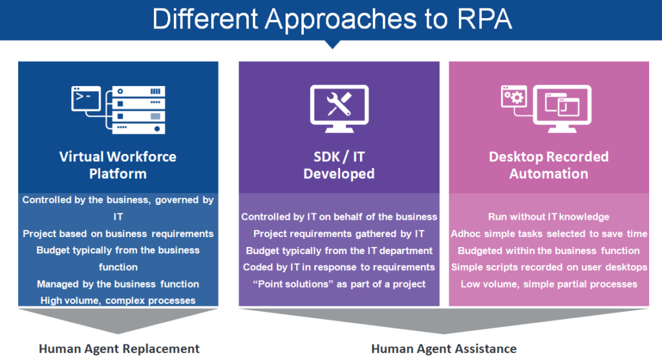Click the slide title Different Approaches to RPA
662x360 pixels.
pyautogui.click(x=332, y=19)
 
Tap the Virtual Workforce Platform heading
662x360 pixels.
pyautogui.click(x=118, y=165)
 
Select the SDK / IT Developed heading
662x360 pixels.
pyautogui.click(x=339, y=165)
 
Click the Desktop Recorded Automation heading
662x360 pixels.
pyautogui.click(x=548, y=165)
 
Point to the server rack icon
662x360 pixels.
pyautogui.click(x=138, y=110)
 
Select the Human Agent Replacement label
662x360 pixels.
pyautogui.click(x=118, y=348)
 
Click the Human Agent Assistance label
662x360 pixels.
pyautogui.click(x=443, y=348)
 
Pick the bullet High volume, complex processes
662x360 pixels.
pyautogui.click(x=118, y=300)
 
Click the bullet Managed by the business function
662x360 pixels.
pyautogui.click(x=118, y=284)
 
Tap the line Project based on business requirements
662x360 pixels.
pyautogui.click(x=118, y=233)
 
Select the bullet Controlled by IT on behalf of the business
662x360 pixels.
pyautogui.click(x=339, y=217)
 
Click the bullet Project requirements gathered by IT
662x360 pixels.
pyautogui.click(x=339, y=233)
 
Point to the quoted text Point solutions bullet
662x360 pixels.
pyautogui.click(x=339, y=284)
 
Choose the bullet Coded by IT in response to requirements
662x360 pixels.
pyautogui.click(x=339, y=267)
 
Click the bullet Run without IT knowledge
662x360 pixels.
pyautogui.click(x=548, y=217)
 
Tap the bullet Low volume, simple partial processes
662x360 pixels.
pyautogui.click(x=548, y=284)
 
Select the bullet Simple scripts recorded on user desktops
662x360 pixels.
pyautogui.click(x=548, y=267)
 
